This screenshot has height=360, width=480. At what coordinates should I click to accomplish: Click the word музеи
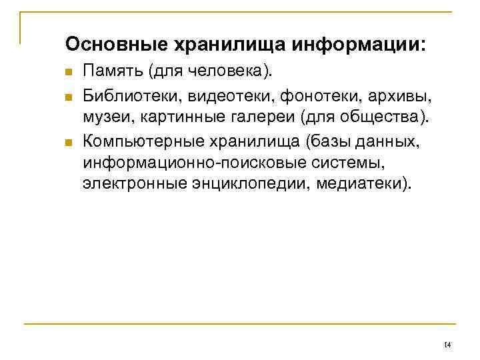(x=103, y=118)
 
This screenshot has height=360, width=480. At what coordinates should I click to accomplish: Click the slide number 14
(x=447, y=344)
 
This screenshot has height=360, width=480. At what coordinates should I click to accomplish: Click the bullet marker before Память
(x=69, y=72)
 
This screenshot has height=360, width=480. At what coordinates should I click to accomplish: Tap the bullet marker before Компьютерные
(x=69, y=141)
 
